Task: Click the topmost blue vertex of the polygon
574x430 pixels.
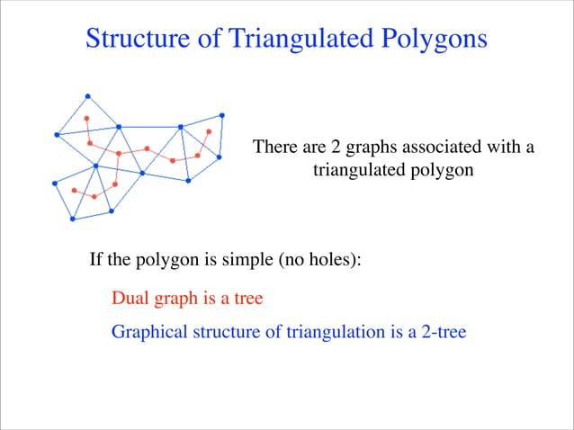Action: [87, 95]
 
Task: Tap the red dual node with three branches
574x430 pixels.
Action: [118, 153]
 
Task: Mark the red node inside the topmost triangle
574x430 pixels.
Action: [86, 119]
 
